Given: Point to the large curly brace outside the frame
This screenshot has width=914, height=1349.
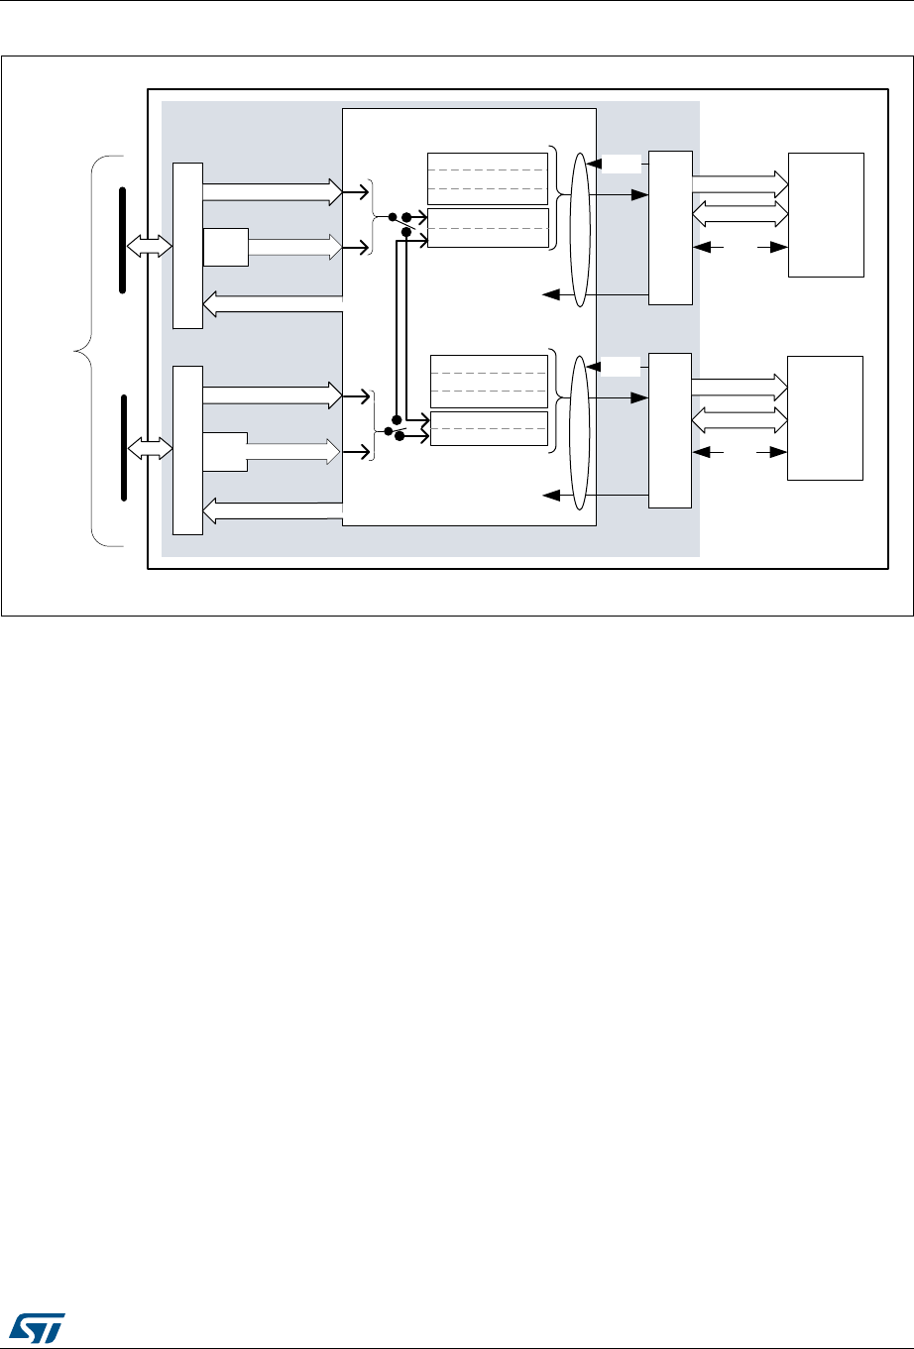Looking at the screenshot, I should click(x=83, y=349).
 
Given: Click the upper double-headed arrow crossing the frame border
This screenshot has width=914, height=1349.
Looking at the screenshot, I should click(x=150, y=248).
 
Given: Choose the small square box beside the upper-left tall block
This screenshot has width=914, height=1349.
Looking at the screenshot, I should click(x=225, y=247).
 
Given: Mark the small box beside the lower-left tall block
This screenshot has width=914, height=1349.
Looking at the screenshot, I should click(x=225, y=452).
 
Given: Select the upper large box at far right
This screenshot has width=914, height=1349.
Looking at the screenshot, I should click(x=826, y=215).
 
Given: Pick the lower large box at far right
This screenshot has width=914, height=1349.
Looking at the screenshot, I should click(x=826, y=417).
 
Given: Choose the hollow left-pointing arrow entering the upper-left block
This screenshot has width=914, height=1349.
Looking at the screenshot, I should click(x=273, y=303).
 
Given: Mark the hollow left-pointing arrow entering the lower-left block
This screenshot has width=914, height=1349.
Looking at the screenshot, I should click(x=273, y=511).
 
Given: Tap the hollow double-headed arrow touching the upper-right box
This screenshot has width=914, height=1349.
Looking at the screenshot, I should click(x=739, y=212).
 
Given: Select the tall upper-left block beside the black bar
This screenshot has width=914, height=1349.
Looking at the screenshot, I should click(x=187, y=245).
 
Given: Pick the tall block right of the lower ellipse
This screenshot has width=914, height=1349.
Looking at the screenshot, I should click(x=669, y=429).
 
